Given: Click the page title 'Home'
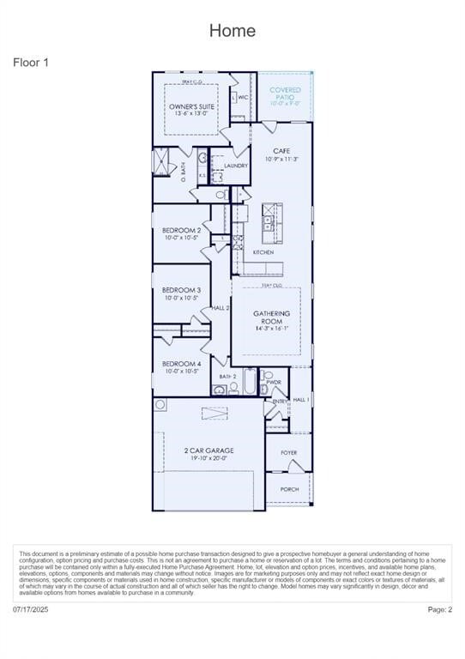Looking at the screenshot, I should [232, 31].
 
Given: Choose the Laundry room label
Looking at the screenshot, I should [236, 166].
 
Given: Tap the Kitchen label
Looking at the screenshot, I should [263, 252].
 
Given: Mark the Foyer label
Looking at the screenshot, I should [288, 453].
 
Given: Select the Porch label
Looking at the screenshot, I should [289, 489].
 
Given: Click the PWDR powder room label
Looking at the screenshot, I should [274, 382].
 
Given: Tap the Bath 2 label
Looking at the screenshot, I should [227, 377].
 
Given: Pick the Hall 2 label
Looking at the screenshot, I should [220, 307].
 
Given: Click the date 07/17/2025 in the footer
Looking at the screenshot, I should [31, 609].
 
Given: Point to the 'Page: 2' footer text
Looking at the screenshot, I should [439, 609].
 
